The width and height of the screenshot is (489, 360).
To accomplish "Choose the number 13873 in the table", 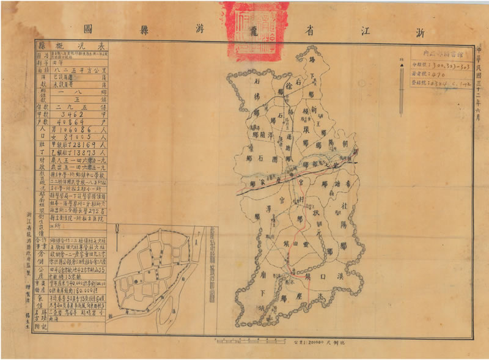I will pyautogui.click(x=82, y=153).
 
